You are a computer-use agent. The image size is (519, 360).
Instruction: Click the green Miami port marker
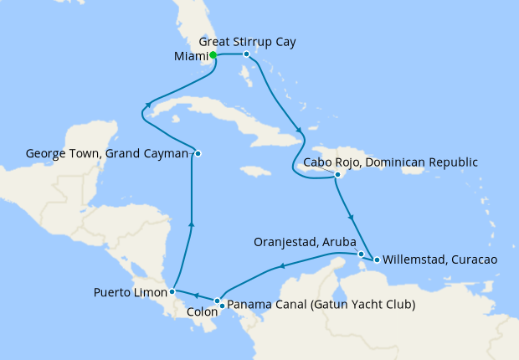coord(213,55)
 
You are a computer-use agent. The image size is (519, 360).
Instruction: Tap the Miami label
coord(189,56)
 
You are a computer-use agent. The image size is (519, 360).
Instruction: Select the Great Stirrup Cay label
coord(248,40)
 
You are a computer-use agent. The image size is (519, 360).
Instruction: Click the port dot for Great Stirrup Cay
coord(246,54)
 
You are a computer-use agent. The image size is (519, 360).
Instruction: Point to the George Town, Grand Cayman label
coord(107,153)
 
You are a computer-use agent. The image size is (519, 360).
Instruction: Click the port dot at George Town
coord(198,153)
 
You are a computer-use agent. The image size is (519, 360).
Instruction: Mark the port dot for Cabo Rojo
coord(337,175)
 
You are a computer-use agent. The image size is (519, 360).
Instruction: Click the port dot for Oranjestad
coord(361,254)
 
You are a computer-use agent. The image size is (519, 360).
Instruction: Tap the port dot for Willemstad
coord(377,260)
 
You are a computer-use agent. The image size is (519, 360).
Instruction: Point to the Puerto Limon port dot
coord(172,292)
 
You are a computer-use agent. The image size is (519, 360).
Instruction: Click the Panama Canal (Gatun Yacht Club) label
coord(321,304)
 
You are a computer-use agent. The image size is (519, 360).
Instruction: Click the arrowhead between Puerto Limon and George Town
coord(192,224)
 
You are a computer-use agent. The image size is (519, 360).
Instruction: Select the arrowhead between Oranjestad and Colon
coord(282,267)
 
